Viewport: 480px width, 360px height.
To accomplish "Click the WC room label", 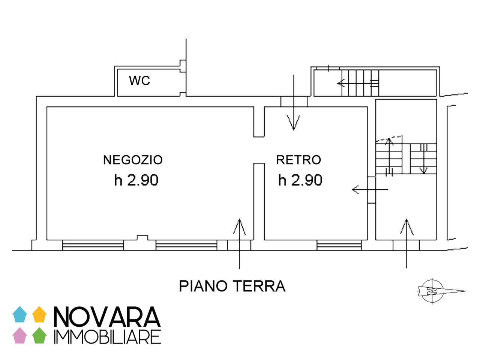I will [x=139, y=80].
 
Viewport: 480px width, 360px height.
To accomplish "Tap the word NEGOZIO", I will [x=133, y=160].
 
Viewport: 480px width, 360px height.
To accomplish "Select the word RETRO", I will [x=298, y=160].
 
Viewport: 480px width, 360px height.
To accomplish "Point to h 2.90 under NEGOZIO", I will [x=136, y=180].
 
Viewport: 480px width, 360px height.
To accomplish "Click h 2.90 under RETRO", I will [x=300, y=180].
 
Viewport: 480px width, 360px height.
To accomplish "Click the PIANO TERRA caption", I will [x=232, y=286].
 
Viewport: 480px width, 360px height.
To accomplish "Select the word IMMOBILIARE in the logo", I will [x=107, y=337].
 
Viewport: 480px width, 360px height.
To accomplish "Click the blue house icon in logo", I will [x=20, y=315].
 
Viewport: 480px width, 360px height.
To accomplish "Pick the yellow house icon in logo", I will [x=39, y=315].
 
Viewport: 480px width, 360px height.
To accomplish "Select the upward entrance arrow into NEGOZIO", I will [x=239, y=240].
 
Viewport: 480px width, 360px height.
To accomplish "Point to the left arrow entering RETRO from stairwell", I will [x=369, y=190].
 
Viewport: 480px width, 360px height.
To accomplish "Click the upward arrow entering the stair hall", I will [x=406, y=240].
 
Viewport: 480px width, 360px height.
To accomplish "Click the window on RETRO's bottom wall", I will [x=339, y=246].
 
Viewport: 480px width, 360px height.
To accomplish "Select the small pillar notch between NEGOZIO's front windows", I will [x=142, y=238].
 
